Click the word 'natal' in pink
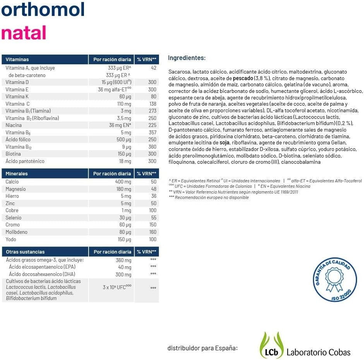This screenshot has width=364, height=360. pos(24,33)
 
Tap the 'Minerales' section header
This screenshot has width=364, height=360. pos(17,174)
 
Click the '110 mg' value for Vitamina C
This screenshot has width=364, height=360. pos(124,104)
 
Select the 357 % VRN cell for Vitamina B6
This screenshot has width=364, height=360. pos(152,132)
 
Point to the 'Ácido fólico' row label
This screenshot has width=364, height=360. pos(18,139)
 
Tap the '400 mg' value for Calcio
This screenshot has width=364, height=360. pos(123,182)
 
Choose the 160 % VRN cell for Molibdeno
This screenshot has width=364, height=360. pos(152,232)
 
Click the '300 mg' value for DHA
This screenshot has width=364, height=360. pos(123,274)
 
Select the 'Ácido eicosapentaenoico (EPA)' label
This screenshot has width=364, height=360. pos(42,267)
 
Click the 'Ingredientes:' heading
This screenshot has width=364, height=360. pos(186,58)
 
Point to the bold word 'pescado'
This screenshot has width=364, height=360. pos(243,78)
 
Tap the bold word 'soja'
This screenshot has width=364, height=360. pos(225,143)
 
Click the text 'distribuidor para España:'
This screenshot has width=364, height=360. pos(202,348)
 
